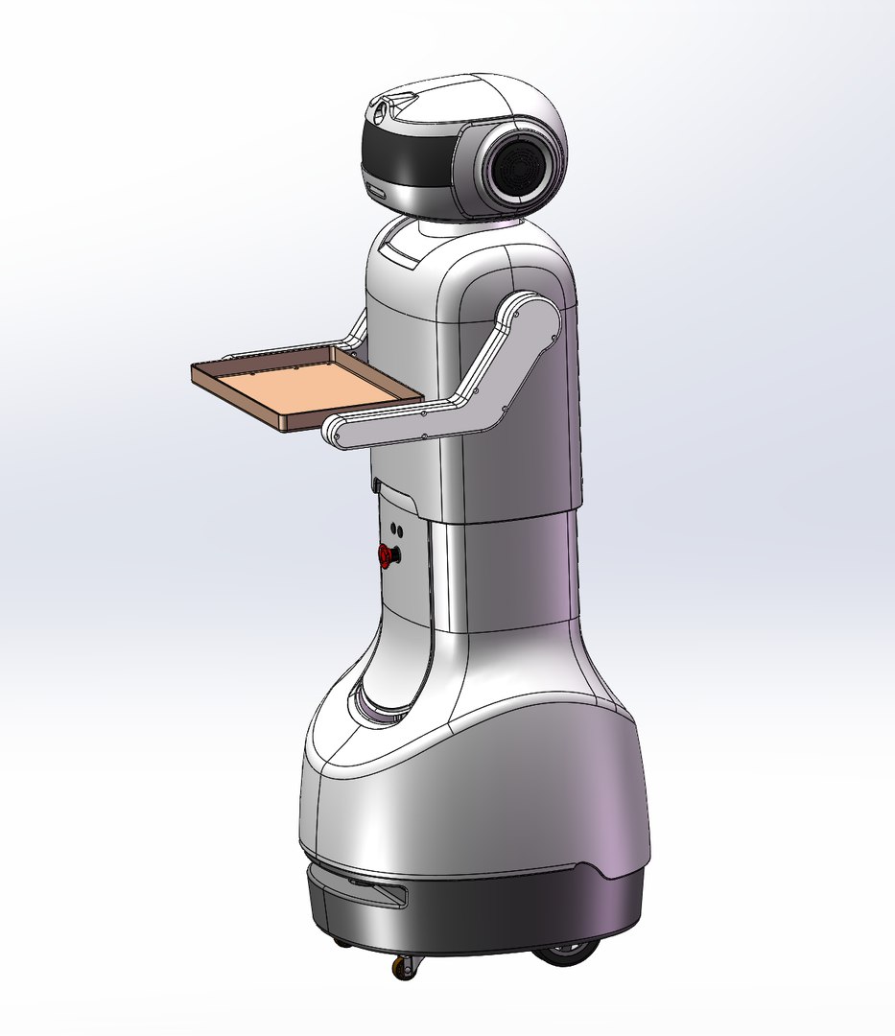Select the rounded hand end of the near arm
point(339,432)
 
